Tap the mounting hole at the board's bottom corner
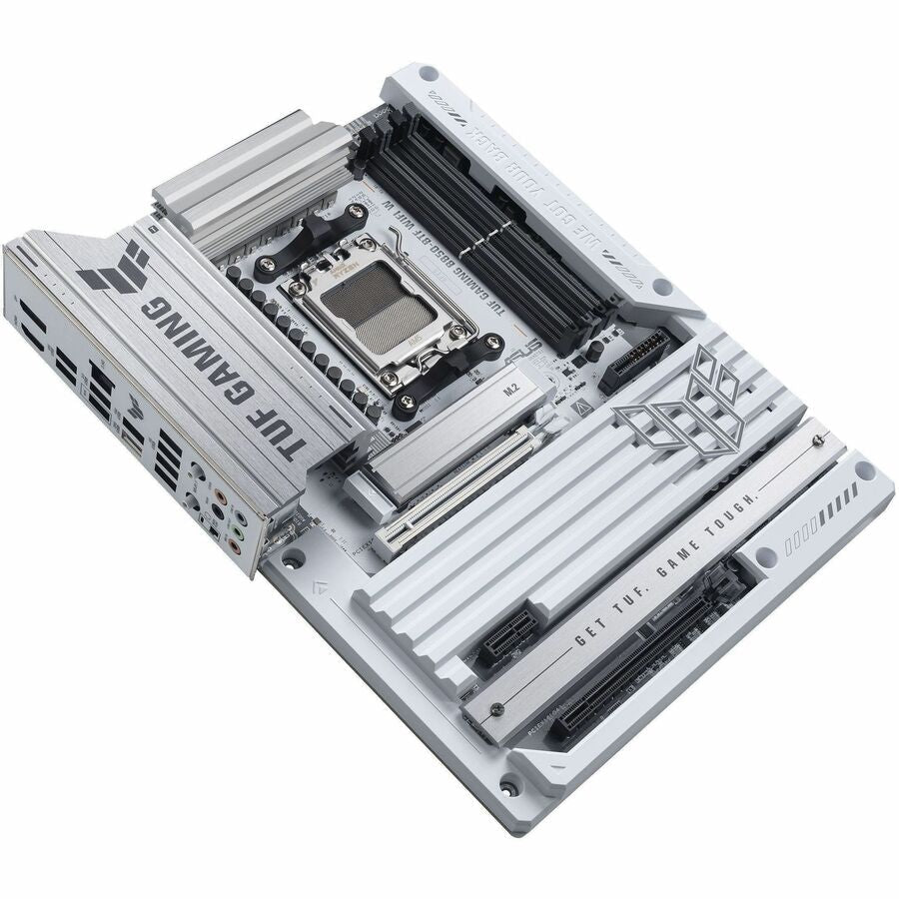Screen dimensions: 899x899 510,788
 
